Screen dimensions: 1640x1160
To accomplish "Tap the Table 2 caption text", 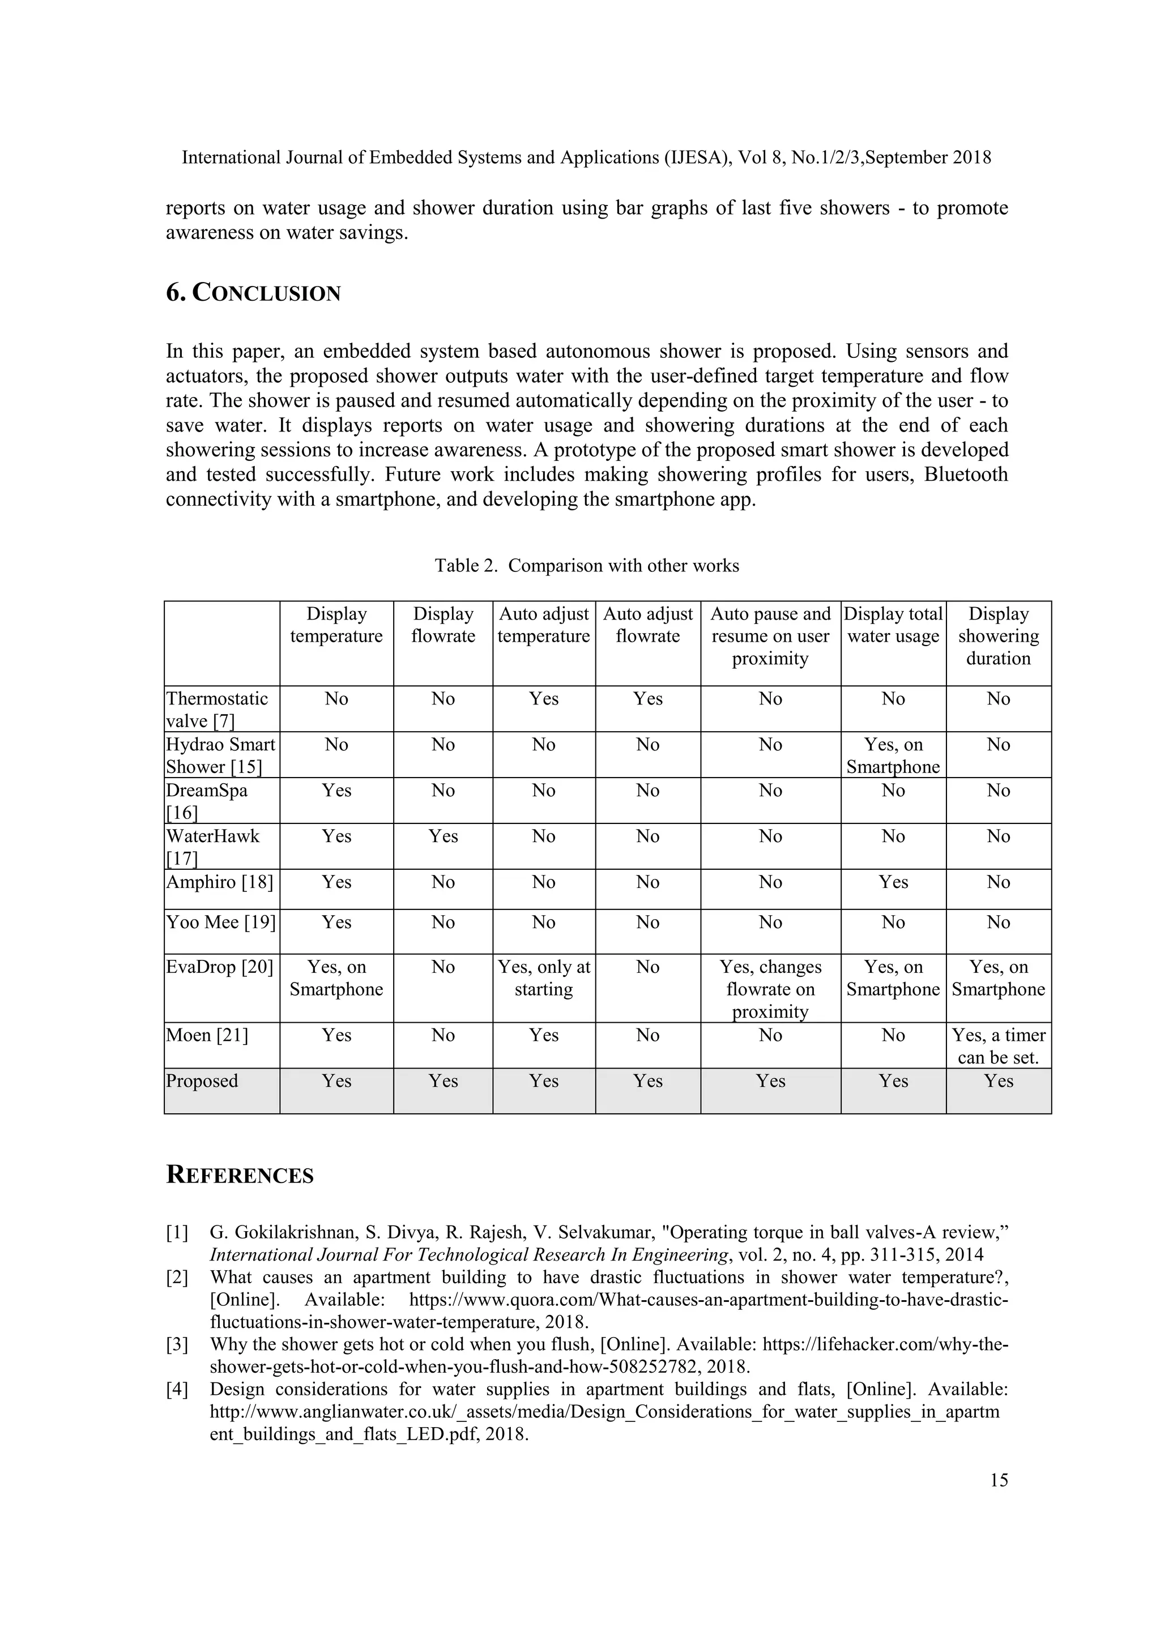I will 586,566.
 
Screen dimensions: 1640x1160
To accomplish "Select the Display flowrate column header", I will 443,625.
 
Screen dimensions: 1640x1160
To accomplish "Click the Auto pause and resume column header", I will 770,636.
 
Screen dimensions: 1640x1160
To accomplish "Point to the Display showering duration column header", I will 998,636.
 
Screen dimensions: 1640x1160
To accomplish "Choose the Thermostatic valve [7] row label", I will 217,709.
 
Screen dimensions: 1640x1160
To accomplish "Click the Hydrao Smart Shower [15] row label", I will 221,755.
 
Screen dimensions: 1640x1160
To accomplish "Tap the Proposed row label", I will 202,1080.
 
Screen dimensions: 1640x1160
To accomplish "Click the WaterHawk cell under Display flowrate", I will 443,836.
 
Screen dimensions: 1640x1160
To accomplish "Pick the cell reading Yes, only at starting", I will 544,978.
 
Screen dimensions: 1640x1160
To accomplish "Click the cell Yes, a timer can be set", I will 998,1046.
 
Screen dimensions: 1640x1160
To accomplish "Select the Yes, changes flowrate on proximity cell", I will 770,989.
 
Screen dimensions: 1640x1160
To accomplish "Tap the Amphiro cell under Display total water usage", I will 893,882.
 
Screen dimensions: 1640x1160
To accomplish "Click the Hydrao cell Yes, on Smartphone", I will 893,755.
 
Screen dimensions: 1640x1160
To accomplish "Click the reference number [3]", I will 177,1344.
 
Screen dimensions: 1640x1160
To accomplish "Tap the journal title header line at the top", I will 586,157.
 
